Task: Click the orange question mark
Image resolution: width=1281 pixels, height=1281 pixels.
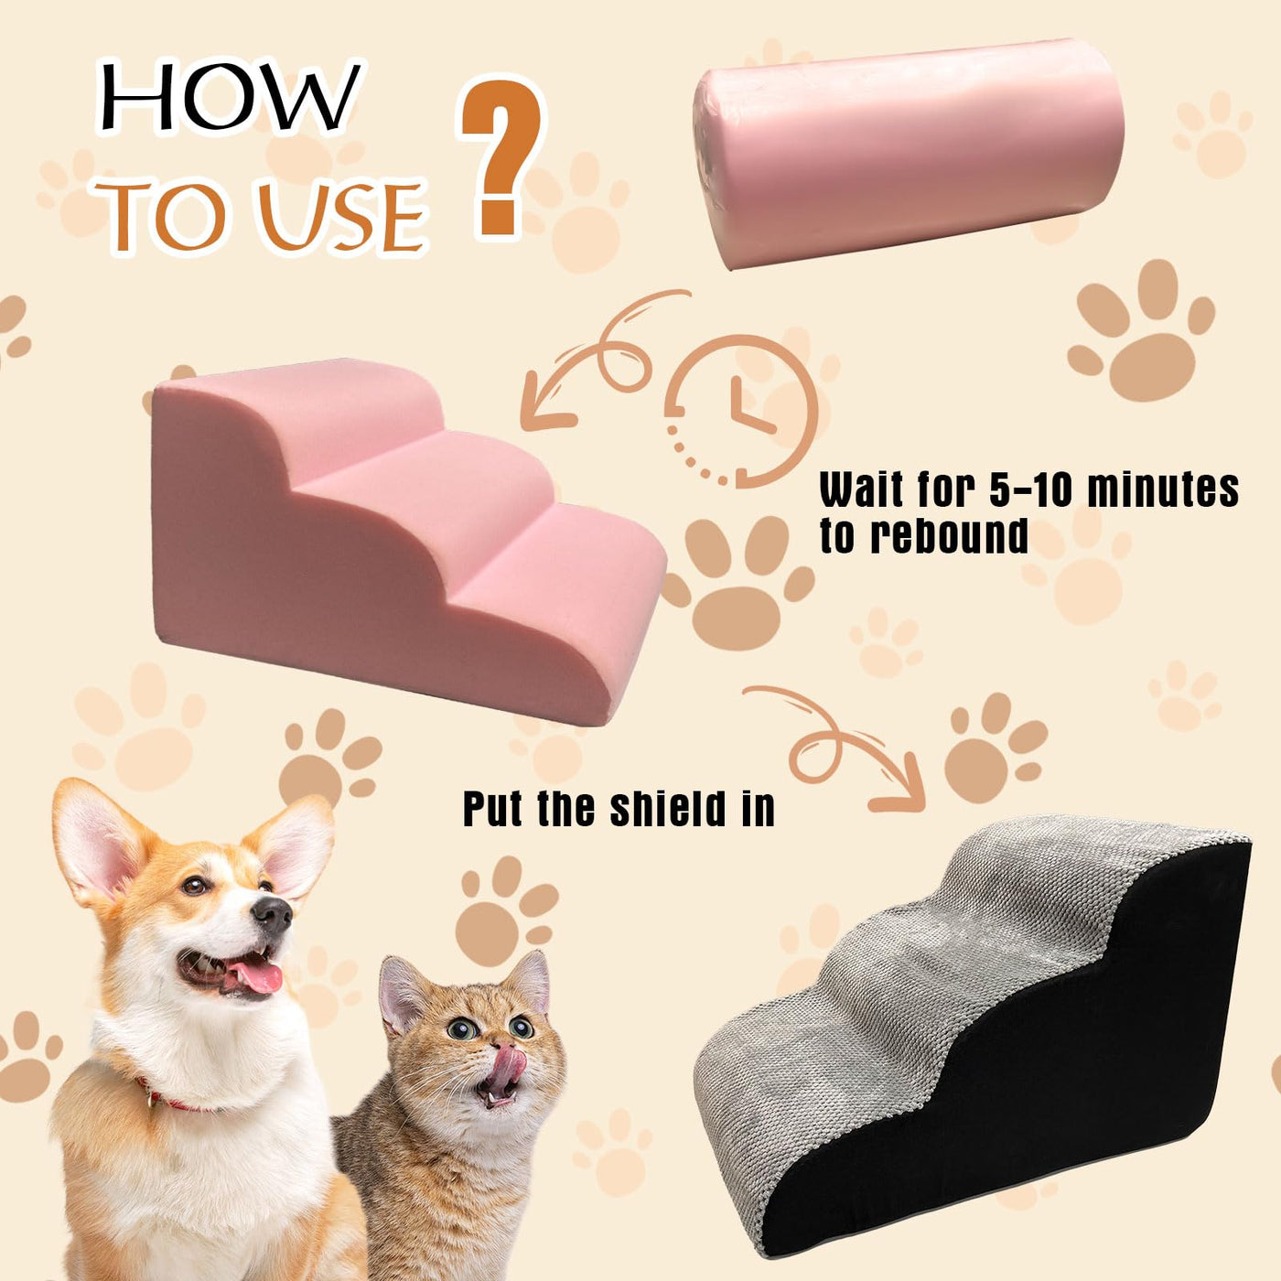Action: (x=500, y=156)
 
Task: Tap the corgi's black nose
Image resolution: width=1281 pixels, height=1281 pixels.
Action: (x=274, y=913)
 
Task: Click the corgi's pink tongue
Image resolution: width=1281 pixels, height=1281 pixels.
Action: (x=255, y=977)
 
